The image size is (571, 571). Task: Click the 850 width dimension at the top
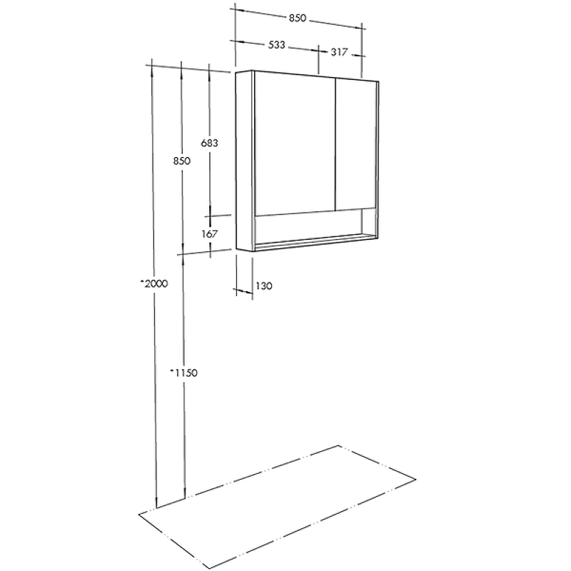[x=298, y=18]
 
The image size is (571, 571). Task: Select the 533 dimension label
[x=277, y=45]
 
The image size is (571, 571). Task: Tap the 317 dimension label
[x=339, y=52]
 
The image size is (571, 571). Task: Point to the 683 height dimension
[x=209, y=143]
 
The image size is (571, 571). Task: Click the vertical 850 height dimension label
[x=182, y=161]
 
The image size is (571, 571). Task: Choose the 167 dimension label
[x=210, y=234]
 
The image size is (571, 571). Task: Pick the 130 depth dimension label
[x=264, y=286]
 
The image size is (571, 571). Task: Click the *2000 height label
[x=154, y=283]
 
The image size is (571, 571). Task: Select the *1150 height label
[x=184, y=373]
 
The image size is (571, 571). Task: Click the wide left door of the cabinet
[x=295, y=144]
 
